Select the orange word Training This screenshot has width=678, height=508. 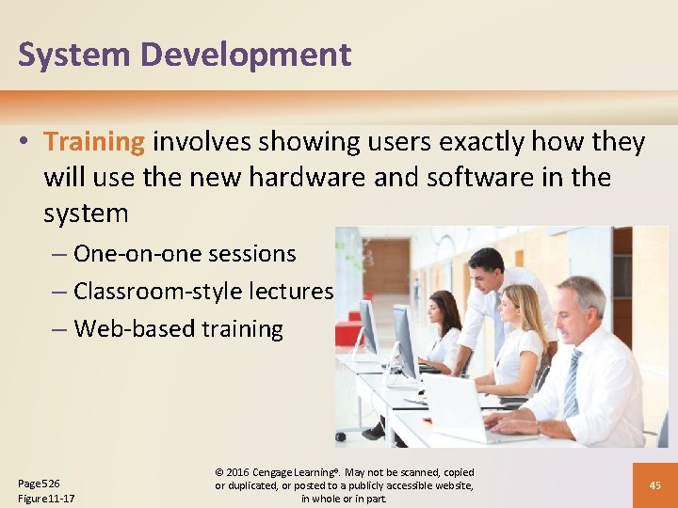(x=94, y=142)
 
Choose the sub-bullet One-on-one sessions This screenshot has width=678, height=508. (x=184, y=254)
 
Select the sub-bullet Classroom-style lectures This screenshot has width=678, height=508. (x=202, y=292)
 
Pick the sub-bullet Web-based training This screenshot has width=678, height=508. (x=177, y=329)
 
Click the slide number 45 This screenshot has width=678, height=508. (x=654, y=485)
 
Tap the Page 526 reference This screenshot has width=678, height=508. (x=39, y=483)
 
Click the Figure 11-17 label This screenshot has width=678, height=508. (x=46, y=498)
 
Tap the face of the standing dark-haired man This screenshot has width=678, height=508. (x=489, y=270)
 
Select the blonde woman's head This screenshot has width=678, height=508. (x=524, y=306)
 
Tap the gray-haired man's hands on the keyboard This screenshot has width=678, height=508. (x=513, y=423)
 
